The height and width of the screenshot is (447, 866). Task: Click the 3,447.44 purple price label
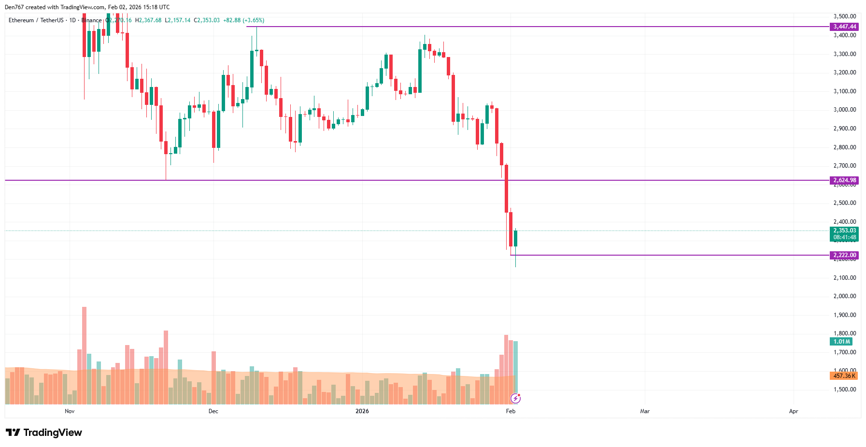pyautogui.click(x=844, y=27)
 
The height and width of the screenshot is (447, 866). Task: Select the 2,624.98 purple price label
pyautogui.click(x=844, y=180)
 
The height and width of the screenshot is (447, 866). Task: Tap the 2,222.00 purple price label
pyautogui.click(x=844, y=255)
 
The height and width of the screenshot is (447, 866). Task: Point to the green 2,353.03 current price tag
pyautogui.click(x=844, y=231)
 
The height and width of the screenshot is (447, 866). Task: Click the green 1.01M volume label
pyautogui.click(x=841, y=342)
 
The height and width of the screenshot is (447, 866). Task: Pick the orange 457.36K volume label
pyautogui.click(x=844, y=376)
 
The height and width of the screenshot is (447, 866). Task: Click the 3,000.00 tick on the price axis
pyautogui.click(x=844, y=110)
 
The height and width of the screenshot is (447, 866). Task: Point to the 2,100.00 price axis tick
pyautogui.click(x=844, y=278)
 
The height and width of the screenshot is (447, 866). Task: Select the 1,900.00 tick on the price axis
pyautogui.click(x=844, y=315)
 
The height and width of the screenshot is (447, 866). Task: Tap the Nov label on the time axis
pyautogui.click(x=70, y=411)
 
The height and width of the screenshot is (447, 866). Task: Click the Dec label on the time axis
pyautogui.click(x=213, y=411)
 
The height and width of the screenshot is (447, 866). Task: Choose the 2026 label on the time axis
pyautogui.click(x=362, y=411)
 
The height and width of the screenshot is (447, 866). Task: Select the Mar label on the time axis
pyautogui.click(x=645, y=411)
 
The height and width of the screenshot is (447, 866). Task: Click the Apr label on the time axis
pyautogui.click(x=794, y=411)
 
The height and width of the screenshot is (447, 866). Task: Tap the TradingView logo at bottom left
pyautogui.click(x=44, y=433)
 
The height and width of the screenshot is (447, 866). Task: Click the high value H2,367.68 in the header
pyautogui.click(x=148, y=20)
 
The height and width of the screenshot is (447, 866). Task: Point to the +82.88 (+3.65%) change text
pyautogui.click(x=243, y=20)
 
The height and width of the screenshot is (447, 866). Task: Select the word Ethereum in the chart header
pyautogui.click(x=21, y=20)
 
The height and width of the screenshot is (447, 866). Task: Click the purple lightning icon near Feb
pyautogui.click(x=516, y=398)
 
